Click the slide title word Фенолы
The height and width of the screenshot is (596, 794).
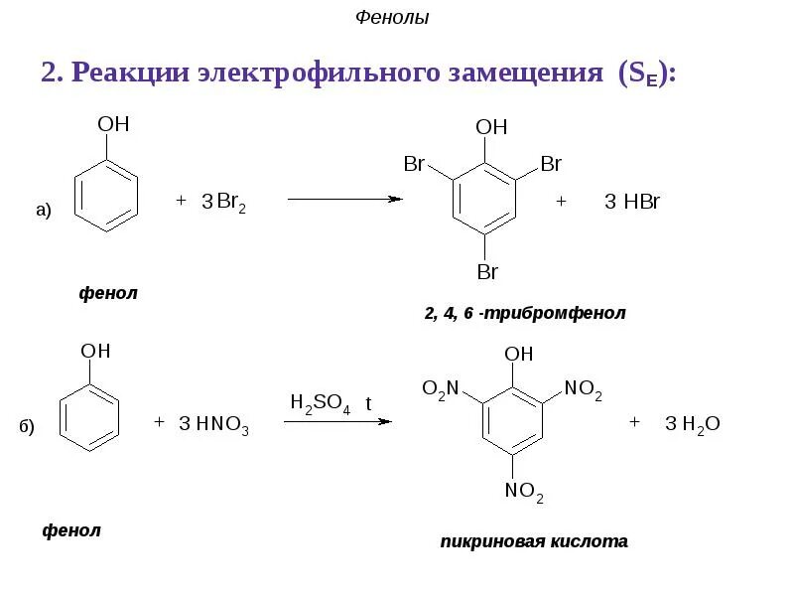tap(392, 18)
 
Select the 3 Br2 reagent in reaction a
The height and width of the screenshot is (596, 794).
tap(223, 203)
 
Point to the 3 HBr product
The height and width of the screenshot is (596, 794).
tap(632, 203)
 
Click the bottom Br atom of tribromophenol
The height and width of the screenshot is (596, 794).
tap(486, 271)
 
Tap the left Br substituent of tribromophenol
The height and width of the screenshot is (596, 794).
tap(414, 164)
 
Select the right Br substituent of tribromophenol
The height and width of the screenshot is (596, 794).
tap(551, 164)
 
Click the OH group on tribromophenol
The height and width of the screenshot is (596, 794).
tap(491, 127)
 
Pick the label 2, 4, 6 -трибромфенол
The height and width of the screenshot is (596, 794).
tap(526, 314)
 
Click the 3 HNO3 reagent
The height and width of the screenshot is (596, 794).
tap(213, 425)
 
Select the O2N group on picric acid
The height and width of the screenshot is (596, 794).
tap(440, 389)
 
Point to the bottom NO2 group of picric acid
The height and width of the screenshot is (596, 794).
tap(524, 491)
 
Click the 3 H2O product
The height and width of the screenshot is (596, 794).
tap(692, 425)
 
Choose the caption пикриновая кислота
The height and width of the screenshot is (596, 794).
tap(534, 541)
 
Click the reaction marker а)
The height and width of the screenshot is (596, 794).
tap(43, 209)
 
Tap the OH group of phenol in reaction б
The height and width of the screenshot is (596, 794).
tap(95, 352)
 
